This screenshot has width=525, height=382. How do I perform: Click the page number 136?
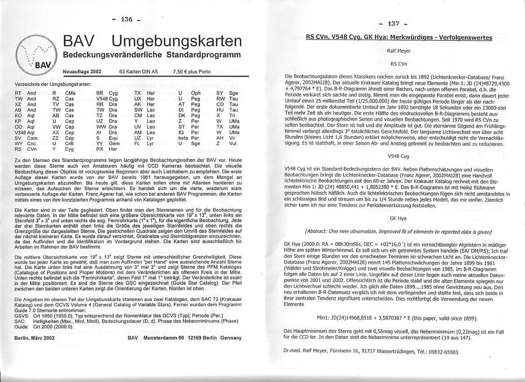click(x=127, y=19)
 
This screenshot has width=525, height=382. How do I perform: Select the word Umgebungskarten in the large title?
click(x=176, y=41)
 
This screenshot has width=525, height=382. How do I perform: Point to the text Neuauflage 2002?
click(x=82, y=71)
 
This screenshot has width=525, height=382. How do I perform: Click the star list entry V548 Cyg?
click(x=107, y=98)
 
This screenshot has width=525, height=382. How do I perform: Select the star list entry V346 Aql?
click(x=25, y=133)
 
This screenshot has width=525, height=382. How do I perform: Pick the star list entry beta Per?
click(x=189, y=138)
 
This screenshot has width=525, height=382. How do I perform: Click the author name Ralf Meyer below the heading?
click(x=399, y=51)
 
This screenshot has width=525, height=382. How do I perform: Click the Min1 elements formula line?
click(x=397, y=318)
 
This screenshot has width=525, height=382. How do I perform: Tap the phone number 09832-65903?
click(x=438, y=352)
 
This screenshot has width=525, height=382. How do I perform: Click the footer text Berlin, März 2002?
click(x=35, y=338)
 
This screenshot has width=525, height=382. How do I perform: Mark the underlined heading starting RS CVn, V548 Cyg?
click(x=399, y=38)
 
